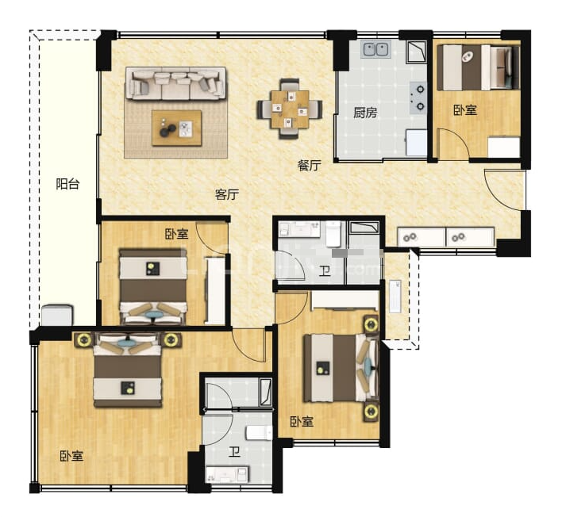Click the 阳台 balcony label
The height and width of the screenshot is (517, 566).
[67, 184]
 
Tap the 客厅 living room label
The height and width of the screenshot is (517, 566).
[227, 195]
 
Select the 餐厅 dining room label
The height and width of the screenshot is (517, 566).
[310, 166]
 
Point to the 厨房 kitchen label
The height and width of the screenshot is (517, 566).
[365, 113]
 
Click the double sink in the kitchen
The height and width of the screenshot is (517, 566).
[376, 49]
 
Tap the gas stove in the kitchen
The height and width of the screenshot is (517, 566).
[418, 98]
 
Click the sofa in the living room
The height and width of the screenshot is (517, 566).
[175, 83]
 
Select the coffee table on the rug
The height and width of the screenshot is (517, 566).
[176, 128]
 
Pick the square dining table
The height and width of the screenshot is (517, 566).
[290, 109]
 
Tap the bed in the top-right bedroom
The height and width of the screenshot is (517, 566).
[479, 67]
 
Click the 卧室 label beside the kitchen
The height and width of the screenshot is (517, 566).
[465, 110]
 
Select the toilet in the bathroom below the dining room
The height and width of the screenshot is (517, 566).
[333, 234]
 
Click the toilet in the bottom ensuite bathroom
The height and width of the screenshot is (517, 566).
[259, 433]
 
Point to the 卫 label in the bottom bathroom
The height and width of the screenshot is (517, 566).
[234, 452]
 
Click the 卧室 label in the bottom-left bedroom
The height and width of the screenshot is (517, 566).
[71, 456]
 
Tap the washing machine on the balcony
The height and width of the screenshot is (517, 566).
[57, 316]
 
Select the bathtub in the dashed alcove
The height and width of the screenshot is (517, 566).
[395, 297]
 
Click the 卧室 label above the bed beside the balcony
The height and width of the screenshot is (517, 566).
[176, 234]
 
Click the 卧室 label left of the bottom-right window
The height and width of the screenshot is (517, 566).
[302, 422]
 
